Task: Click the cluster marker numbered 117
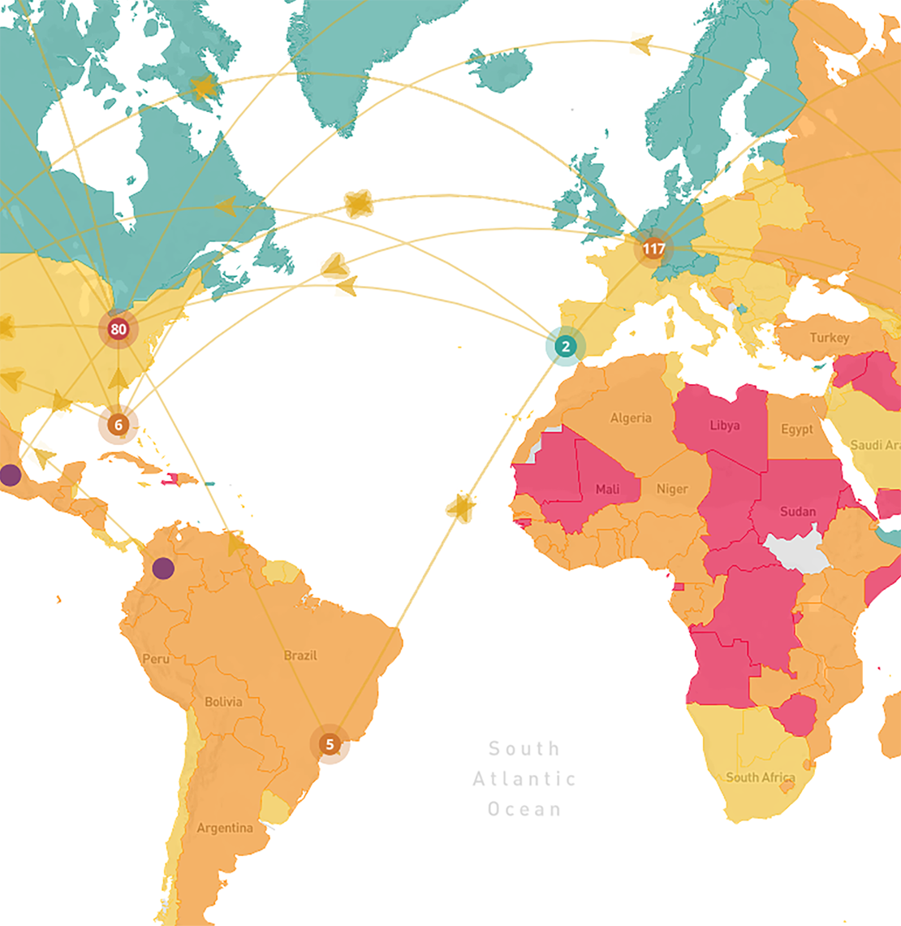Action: click(653, 249)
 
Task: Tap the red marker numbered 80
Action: click(119, 329)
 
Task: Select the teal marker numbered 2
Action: click(565, 346)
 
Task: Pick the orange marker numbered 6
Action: click(119, 424)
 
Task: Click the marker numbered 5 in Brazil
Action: click(330, 744)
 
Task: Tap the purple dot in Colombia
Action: click(163, 568)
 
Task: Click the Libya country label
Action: click(724, 425)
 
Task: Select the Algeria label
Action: click(631, 418)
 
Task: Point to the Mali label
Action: click(607, 489)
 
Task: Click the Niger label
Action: click(671, 489)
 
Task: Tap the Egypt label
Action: click(796, 429)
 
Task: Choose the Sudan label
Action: click(797, 511)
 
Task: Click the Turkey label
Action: click(829, 337)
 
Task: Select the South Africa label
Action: click(760, 777)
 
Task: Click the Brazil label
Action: click(300, 655)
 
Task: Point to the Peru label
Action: click(156, 658)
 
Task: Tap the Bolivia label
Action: click(223, 701)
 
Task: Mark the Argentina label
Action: click(225, 828)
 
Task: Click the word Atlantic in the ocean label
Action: click(524, 779)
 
